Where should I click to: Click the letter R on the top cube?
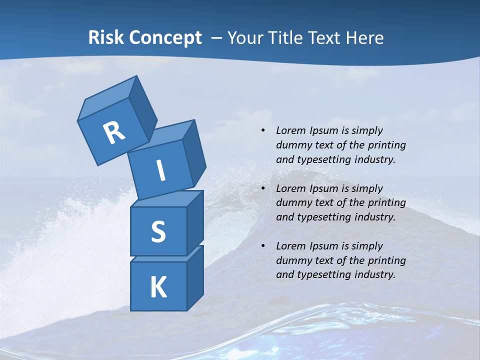click(x=114, y=133)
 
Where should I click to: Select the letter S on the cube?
click(x=158, y=231)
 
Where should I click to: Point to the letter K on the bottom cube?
click(x=158, y=287)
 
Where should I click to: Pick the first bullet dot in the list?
click(x=263, y=131)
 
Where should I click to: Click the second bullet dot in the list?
click(x=263, y=188)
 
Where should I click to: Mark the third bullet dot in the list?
click(x=263, y=246)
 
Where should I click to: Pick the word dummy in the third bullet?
click(x=293, y=260)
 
